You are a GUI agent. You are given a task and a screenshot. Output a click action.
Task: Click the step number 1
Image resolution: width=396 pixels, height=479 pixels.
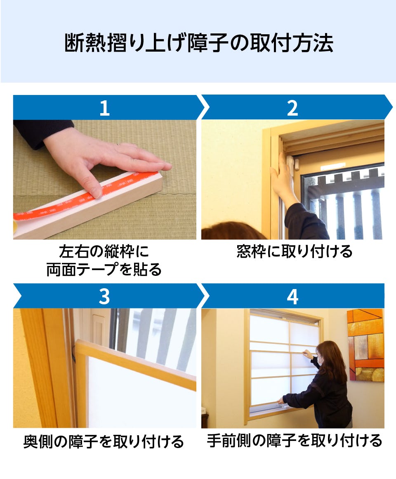click(x=104, y=108)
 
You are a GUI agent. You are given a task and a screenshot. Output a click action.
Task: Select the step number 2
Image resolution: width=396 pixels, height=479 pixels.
click(x=292, y=108)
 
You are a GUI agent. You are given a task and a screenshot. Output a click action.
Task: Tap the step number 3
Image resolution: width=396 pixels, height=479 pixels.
click(x=104, y=296)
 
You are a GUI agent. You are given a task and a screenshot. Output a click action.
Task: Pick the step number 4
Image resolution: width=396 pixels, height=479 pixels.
click(x=292, y=296)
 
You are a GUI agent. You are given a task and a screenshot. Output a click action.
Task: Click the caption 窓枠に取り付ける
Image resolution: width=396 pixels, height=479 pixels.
click(x=294, y=251)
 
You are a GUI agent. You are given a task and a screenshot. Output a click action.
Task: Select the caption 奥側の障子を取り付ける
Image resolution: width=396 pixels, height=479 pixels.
click(x=104, y=441)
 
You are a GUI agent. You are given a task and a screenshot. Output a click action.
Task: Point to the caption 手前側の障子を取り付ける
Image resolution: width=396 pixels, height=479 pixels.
click(x=294, y=441)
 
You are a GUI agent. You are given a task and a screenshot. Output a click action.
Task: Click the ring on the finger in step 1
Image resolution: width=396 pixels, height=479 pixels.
click(x=118, y=145)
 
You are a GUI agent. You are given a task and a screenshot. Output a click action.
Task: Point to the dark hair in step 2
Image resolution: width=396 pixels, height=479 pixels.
click(x=231, y=231)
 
